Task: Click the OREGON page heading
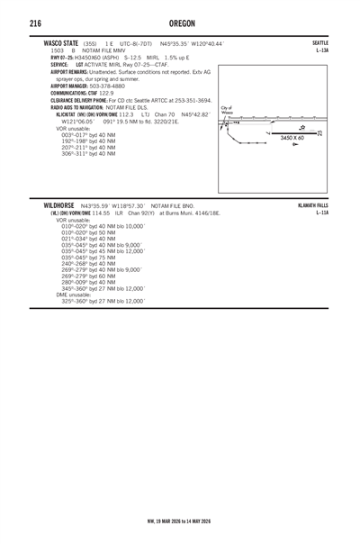coord(180,23)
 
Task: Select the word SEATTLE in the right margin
coord(320,42)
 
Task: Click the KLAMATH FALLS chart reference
coord(313,205)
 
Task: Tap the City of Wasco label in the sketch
coord(227,110)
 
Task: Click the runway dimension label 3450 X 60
coord(292,138)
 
